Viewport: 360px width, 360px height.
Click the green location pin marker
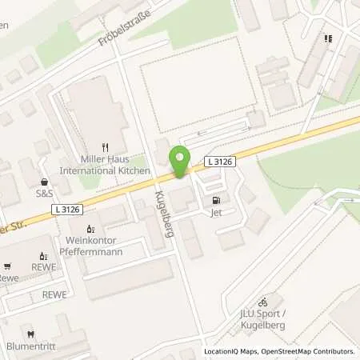[181, 162]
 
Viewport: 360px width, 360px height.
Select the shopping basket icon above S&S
[44, 180]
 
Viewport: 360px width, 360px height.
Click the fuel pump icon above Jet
[214, 200]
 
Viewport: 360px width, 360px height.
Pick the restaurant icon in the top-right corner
[327, 38]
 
